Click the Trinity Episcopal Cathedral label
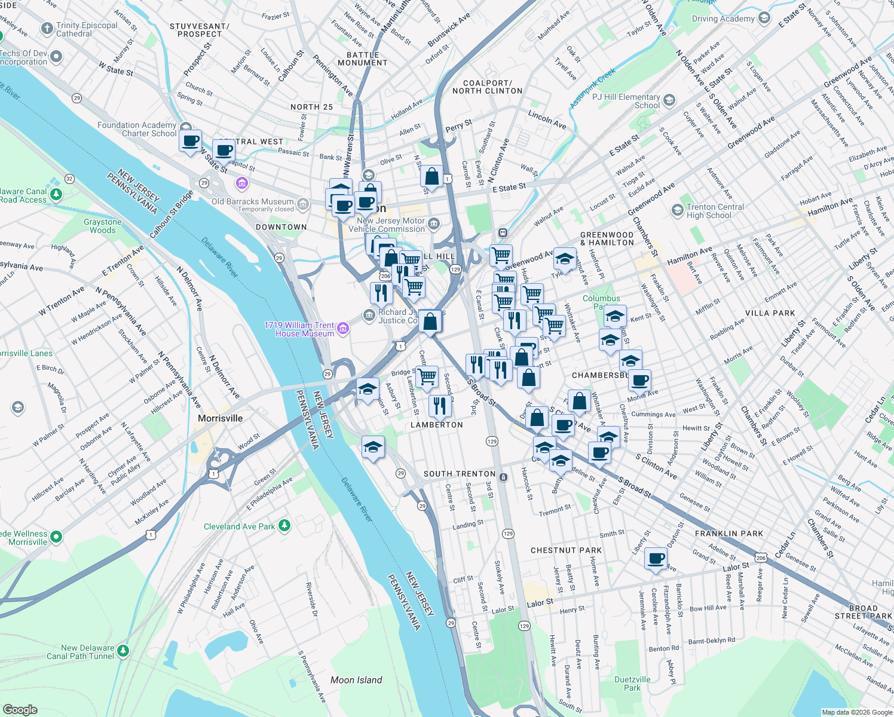[x=87, y=29]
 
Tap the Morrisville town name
[x=221, y=418]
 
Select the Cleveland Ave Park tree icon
[x=285, y=526]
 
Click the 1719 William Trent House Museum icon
[x=343, y=328]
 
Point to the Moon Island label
[x=356, y=680]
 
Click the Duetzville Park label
[x=632, y=684]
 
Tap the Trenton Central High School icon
[x=677, y=210]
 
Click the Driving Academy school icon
[x=764, y=19]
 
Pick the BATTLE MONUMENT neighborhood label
[x=363, y=59]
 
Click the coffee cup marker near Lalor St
[x=656, y=559]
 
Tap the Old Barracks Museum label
[x=253, y=202]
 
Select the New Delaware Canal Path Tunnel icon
[x=123, y=651]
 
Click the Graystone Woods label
[x=103, y=226]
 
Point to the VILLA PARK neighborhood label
[x=770, y=313]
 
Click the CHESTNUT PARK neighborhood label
[x=566, y=550]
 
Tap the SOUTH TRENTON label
[x=459, y=474]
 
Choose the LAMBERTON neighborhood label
[x=436, y=425]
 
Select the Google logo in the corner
[x=20, y=709]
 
